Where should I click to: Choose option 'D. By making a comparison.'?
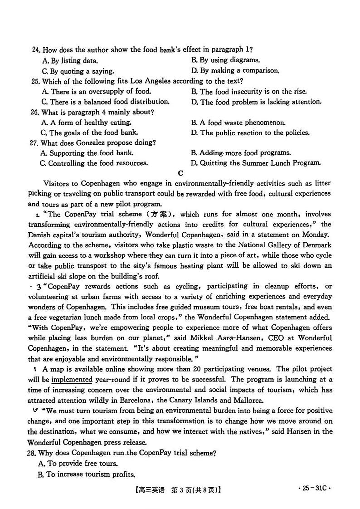point(235,71)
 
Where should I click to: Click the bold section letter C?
point(180,173)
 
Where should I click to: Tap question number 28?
point(32,453)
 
